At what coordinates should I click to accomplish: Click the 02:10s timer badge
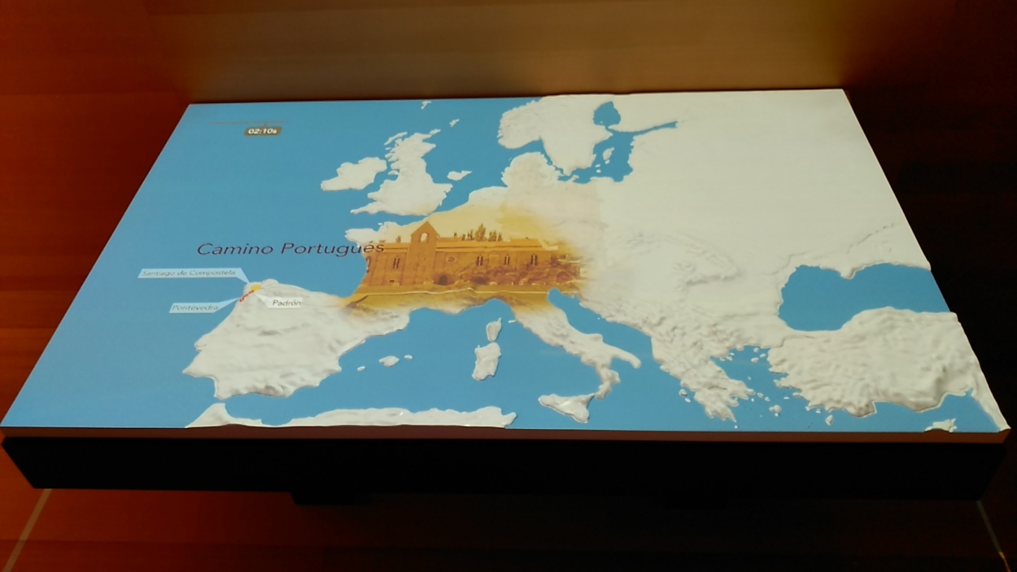263,130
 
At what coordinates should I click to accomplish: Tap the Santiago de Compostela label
190,273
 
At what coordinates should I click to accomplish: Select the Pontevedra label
194,308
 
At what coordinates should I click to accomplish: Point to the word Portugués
333,248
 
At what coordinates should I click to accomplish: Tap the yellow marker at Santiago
254,287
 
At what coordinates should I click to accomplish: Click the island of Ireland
353,173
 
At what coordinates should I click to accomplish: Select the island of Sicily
570,404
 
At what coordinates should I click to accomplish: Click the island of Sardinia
487,360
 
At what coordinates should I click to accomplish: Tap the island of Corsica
493,329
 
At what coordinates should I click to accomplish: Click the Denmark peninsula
529,171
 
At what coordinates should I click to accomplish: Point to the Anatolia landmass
879,358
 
